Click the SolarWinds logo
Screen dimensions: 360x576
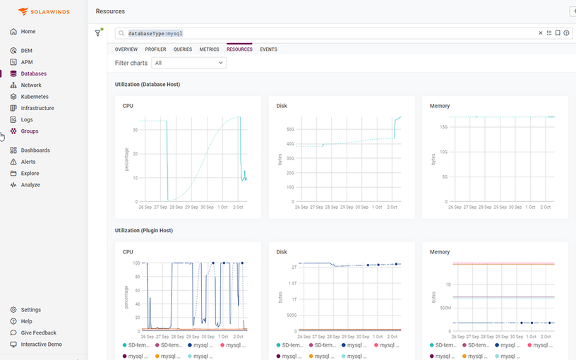tap(43, 12)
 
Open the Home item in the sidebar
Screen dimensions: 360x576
tap(28, 32)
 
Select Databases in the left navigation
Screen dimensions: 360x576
tap(33, 73)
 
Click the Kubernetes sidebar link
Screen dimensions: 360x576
tap(35, 97)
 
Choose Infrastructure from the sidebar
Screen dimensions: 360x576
tap(37, 108)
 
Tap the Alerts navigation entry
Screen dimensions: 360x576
tap(28, 162)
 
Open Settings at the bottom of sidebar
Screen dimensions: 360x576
tap(30, 310)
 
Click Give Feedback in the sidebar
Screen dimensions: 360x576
tap(38, 332)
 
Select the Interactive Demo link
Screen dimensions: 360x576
tap(41, 344)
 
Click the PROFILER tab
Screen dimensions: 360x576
tap(155, 49)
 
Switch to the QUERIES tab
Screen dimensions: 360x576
tap(183, 49)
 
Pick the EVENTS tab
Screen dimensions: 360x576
tap(268, 49)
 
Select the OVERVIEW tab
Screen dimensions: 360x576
tap(126, 49)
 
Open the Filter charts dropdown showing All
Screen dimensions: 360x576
tap(189, 63)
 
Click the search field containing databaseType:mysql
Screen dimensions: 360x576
tap(325, 33)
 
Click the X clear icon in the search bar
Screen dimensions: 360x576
tap(541, 33)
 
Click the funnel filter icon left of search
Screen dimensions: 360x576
tap(98, 33)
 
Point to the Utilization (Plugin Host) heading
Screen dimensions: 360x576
tap(144, 230)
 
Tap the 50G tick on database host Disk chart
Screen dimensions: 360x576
tap(289, 129)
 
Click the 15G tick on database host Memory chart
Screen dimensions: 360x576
tap(444, 127)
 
